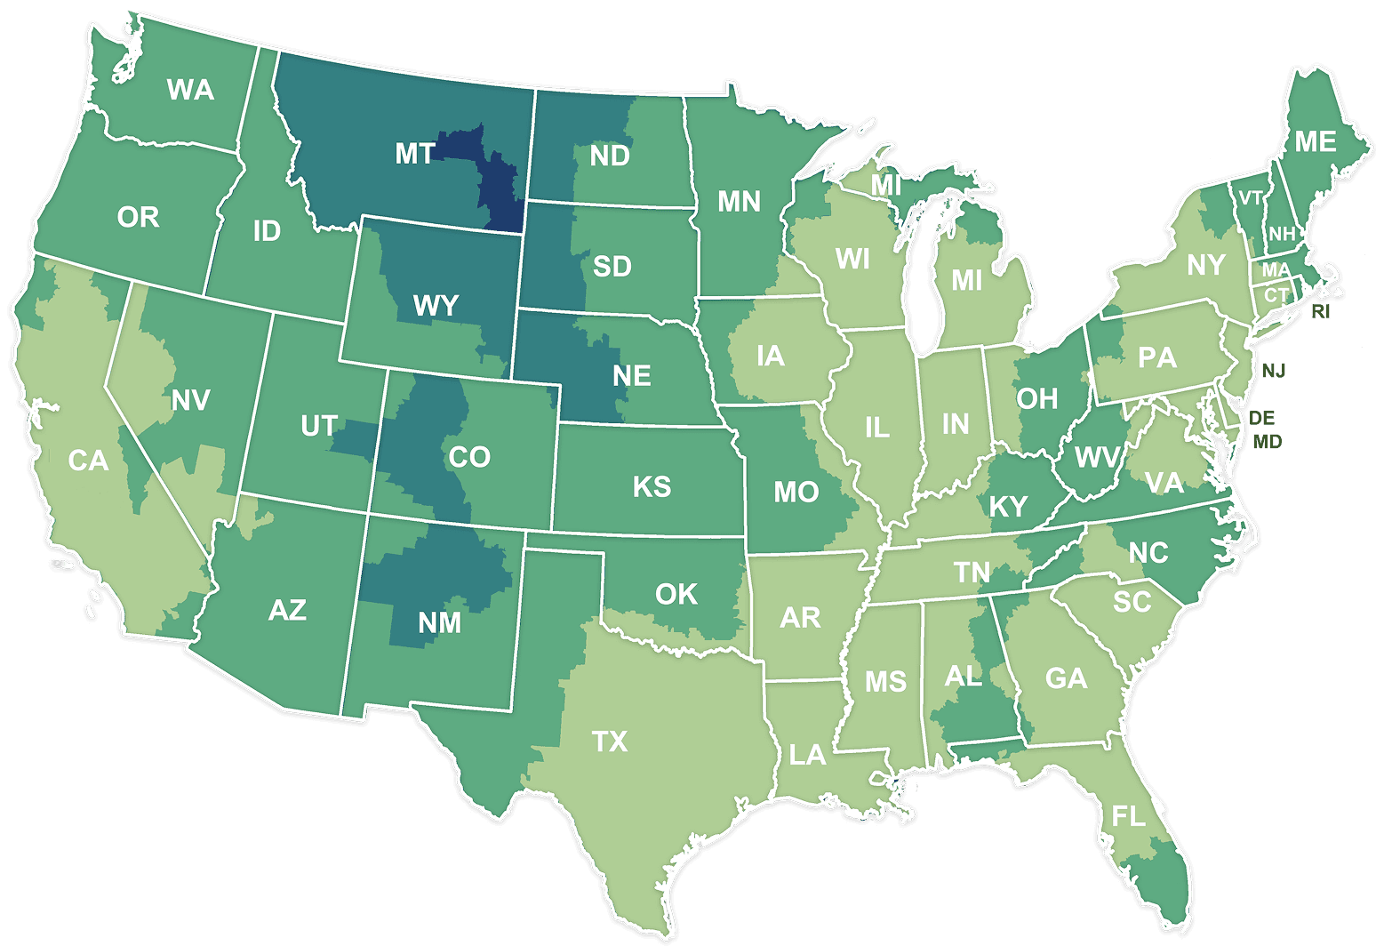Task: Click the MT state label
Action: point(414,154)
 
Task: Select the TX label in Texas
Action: point(610,741)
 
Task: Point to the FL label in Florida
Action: point(1128,816)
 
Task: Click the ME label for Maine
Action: point(1315,142)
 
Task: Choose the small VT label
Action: point(1251,198)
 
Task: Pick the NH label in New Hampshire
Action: point(1282,235)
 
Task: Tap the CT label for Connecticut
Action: point(1276,295)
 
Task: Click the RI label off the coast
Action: point(1321,312)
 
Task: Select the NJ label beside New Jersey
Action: point(1274,371)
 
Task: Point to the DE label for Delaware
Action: point(1261,417)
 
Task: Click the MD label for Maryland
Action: point(1268,441)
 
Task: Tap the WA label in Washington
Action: point(190,90)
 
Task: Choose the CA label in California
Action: point(88,461)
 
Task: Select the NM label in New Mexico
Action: point(440,622)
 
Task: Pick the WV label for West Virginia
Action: point(1096,457)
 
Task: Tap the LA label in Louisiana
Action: point(807,755)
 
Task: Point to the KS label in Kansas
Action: point(652,486)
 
